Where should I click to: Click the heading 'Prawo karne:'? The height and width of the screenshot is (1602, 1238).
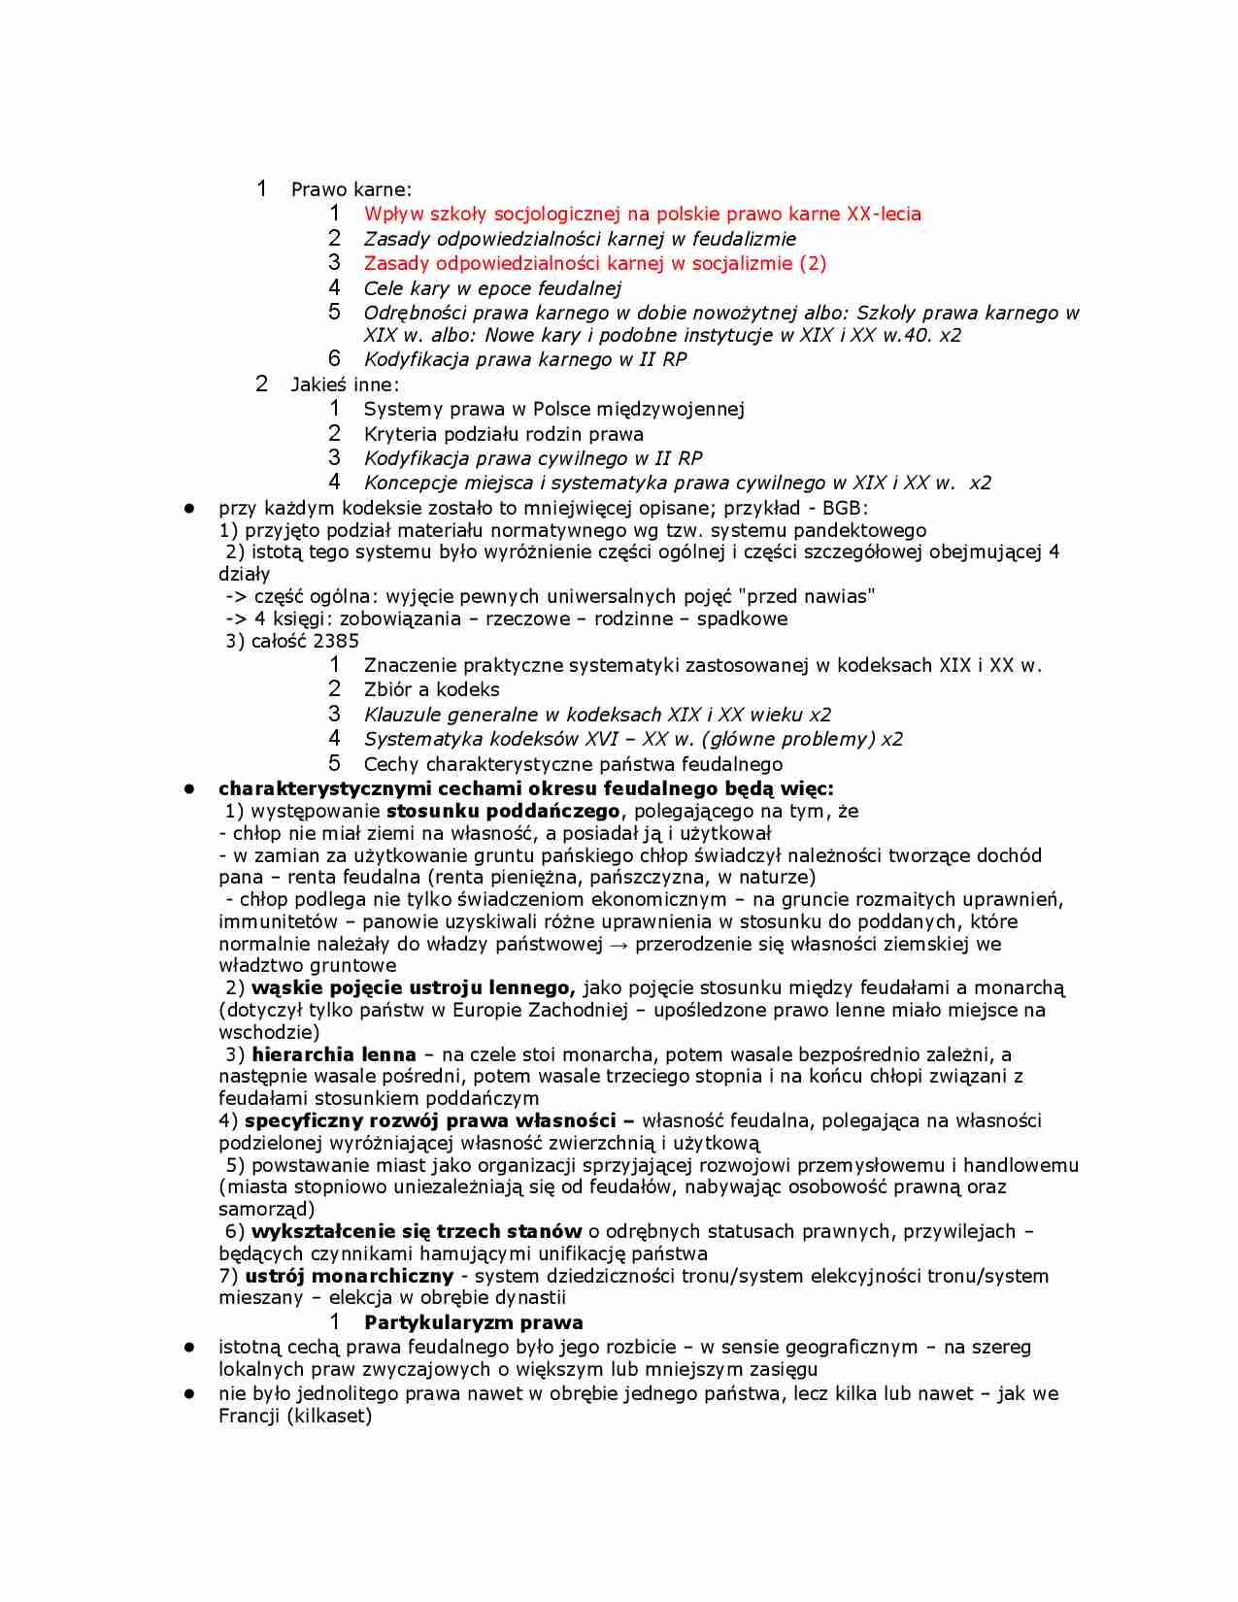(x=351, y=189)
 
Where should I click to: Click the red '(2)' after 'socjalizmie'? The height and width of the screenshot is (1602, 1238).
(x=813, y=263)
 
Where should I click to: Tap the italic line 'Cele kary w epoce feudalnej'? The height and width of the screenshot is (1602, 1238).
(x=492, y=288)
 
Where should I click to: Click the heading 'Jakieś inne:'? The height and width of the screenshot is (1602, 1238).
(x=345, y=384)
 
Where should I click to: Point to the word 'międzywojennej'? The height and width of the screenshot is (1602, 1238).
(x=670, y=409)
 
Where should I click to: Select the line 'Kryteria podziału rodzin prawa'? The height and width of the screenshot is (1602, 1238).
(x=503, y=434)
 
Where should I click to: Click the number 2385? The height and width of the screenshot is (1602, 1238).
(x=336, y=641)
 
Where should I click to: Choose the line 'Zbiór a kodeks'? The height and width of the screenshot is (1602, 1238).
(x=431, y=689)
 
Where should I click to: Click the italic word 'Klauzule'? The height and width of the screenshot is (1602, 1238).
(x=402, y=715)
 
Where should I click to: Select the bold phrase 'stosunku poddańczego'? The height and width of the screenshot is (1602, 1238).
(x=502, y=811)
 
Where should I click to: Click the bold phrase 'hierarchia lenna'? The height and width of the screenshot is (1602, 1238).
(x=333, y=1054)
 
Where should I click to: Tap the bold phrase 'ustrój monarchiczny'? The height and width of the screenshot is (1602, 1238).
(x=349, y=1276)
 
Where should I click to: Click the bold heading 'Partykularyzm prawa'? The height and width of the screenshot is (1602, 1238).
(x=473, y=1322)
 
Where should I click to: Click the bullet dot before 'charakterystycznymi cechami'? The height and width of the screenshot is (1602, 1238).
(x=190, y=788)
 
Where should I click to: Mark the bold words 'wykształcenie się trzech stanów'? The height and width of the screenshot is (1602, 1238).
(x=417, y=1231)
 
